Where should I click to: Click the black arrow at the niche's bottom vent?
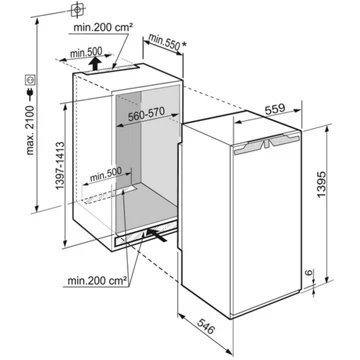pyautogui.click(x=155, y=235)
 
